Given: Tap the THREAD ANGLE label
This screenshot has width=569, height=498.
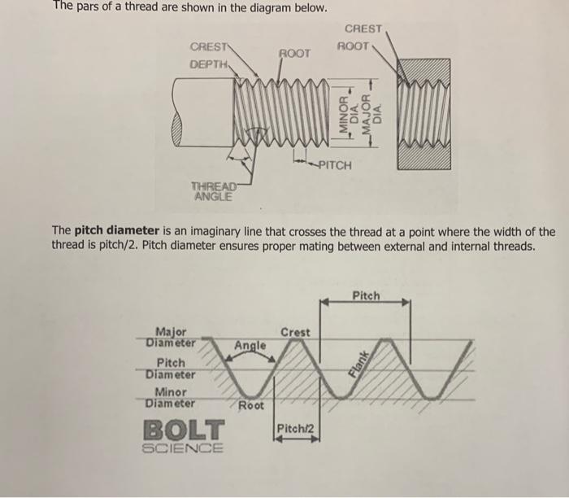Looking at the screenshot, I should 214,190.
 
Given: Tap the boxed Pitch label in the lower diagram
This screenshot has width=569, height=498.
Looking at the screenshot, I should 367,295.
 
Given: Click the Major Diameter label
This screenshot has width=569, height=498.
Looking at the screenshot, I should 171,336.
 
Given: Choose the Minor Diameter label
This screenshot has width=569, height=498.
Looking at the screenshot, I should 171,397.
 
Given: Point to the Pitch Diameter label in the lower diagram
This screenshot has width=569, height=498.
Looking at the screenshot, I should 171,368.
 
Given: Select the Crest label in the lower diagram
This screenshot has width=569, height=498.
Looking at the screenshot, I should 295,332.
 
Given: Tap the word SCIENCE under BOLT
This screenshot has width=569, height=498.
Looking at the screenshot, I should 184,448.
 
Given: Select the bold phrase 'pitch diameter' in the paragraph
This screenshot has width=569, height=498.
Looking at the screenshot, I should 115,231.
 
